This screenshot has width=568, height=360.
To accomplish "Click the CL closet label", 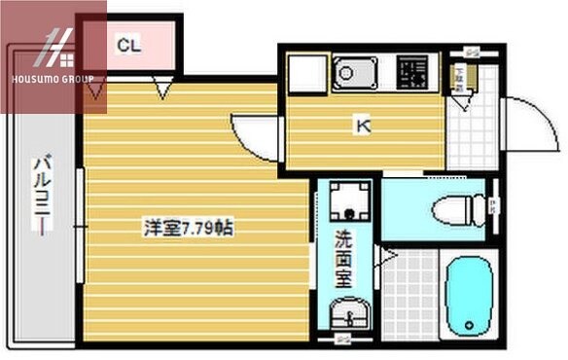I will pos(129,44).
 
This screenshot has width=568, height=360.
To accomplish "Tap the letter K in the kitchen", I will pos(362,125).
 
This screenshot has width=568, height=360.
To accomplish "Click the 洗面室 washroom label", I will pos(344,259).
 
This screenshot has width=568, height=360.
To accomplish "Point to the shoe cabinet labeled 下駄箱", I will pos(462,75).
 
